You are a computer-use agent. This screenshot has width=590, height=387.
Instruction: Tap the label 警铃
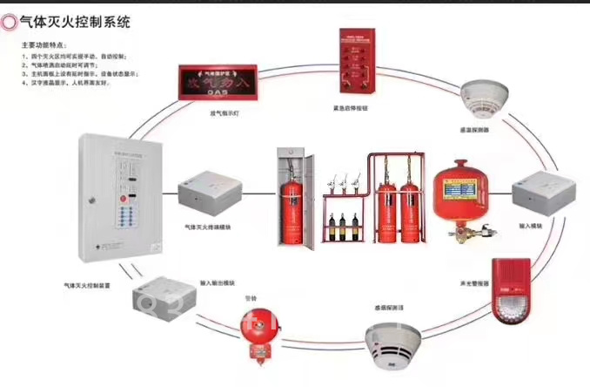coord(254,295)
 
